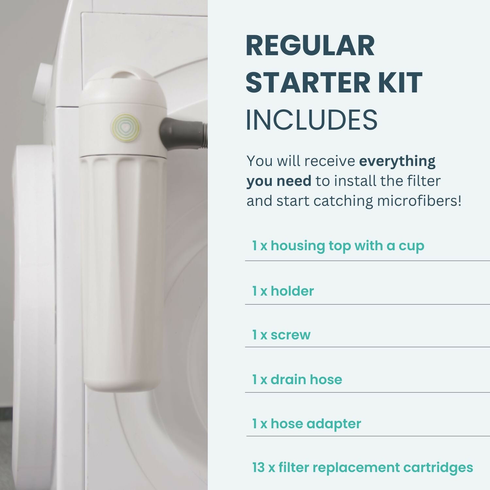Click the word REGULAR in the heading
(x=310, y=46)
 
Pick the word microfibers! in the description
(x=419, y=201)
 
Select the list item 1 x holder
(x=283, y=291)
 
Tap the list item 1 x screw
(x=281, y=335)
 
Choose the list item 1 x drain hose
(x=297, y=379)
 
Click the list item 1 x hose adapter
(x=306, y=424)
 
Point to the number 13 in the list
(x=258, y=467)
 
